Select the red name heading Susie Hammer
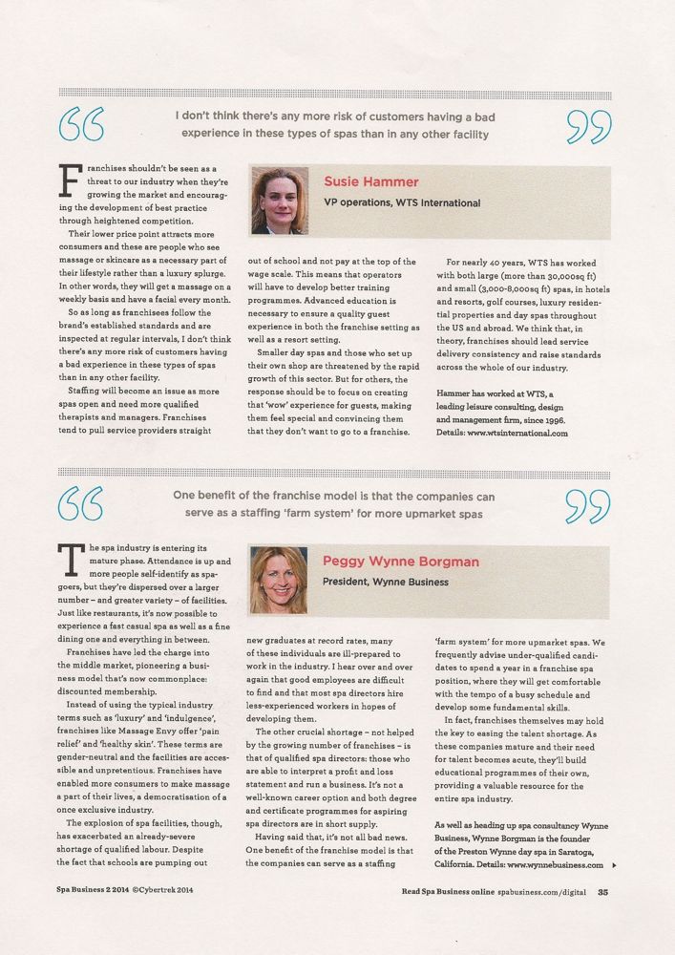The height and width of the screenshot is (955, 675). pos(371,181)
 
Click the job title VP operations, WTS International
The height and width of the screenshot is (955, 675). pos(401,203)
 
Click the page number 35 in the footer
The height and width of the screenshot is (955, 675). pos(603,894)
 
